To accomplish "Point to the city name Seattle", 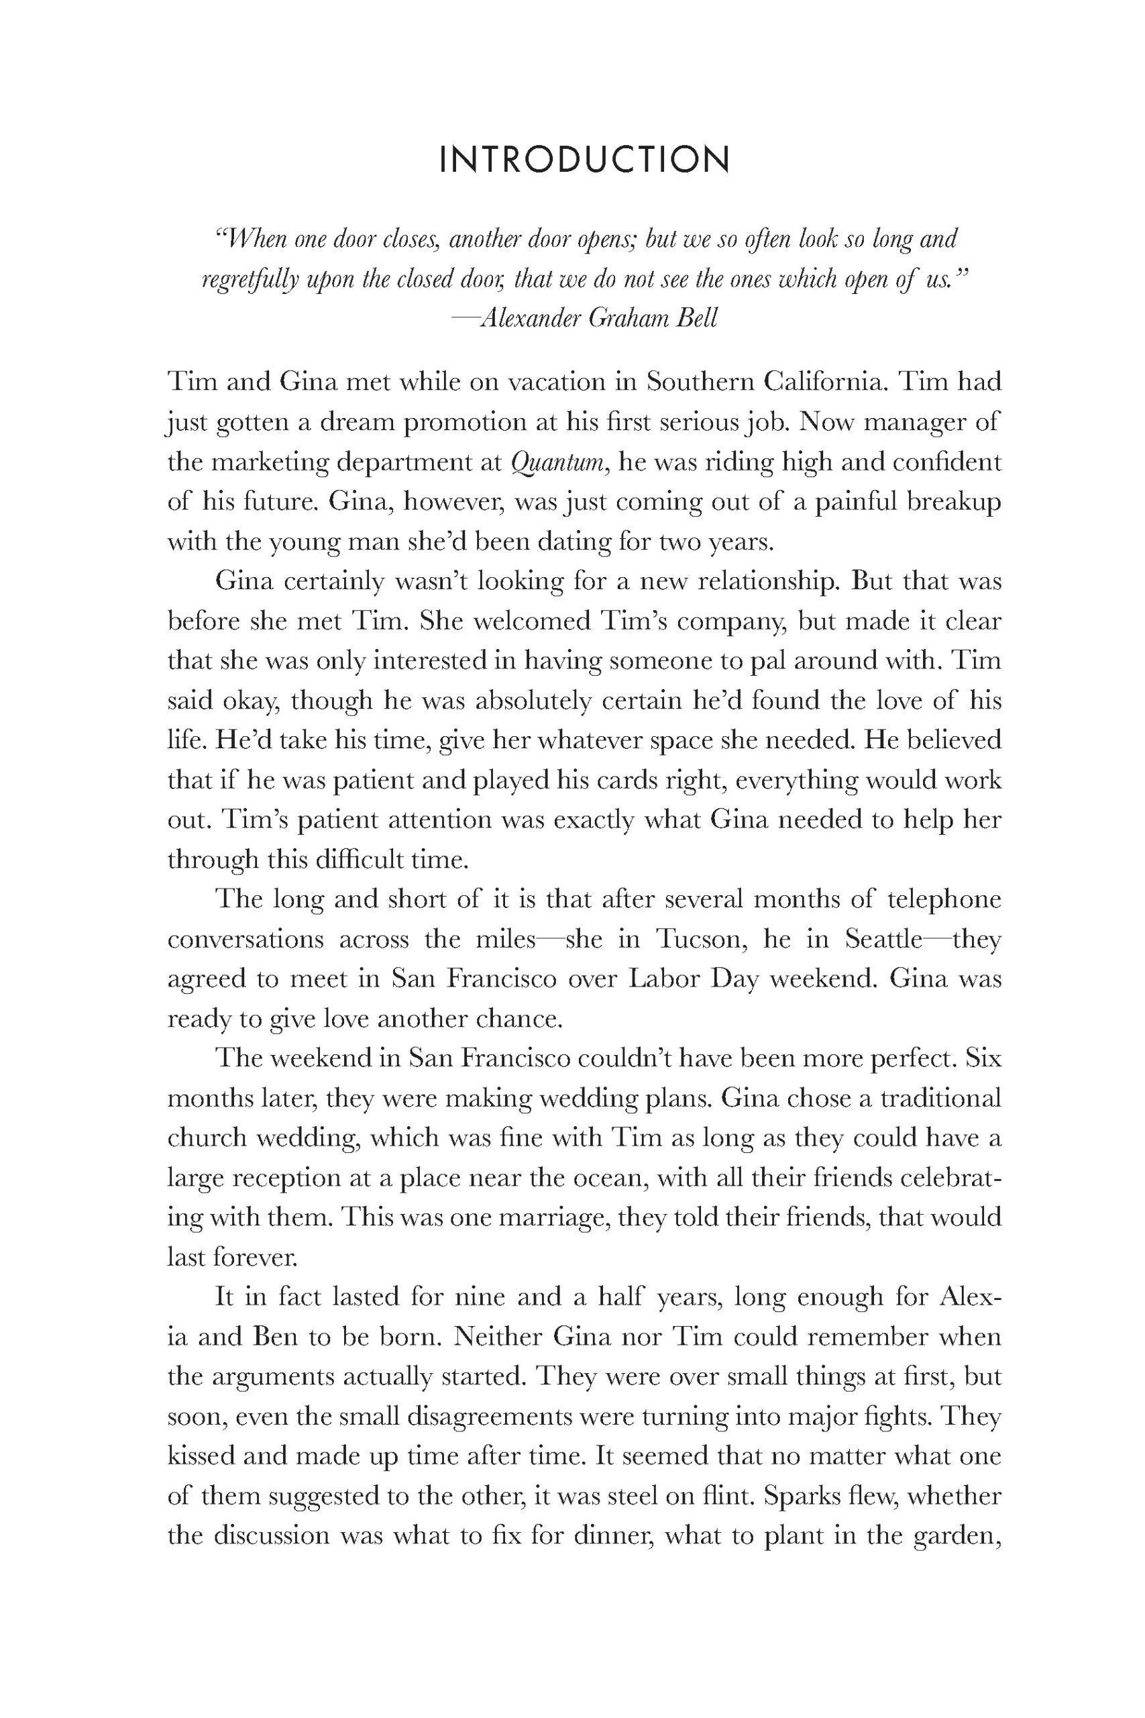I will pyautogui.click(x=883, y=940).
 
